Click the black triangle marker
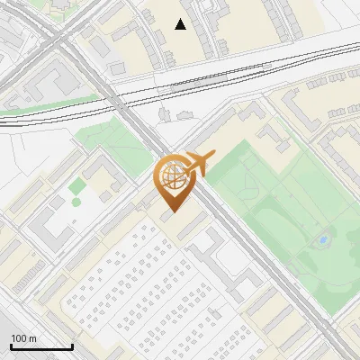181,24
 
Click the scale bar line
41,347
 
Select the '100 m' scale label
24,338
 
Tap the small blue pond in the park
322,240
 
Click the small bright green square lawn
77,185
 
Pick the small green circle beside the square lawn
76,202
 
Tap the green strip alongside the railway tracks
36,112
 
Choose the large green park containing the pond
288,225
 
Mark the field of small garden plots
135,279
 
